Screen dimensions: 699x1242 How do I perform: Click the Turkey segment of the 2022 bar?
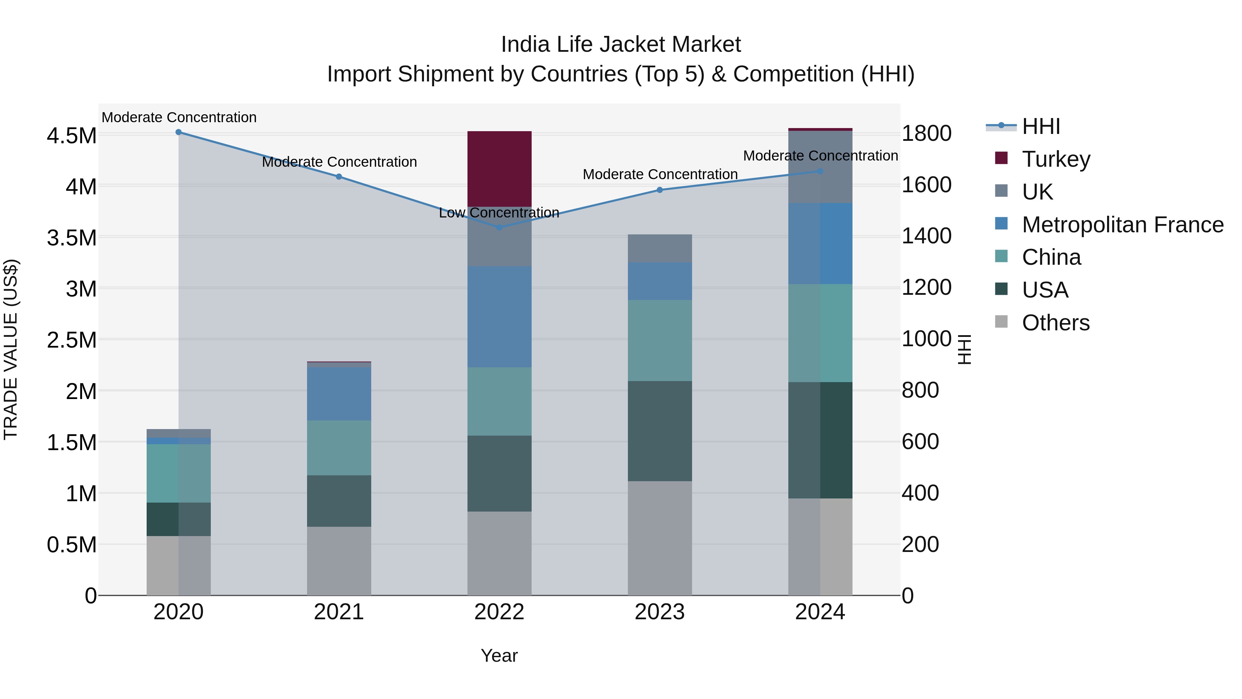pos(500,168)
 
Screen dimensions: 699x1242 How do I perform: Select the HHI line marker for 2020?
pos(178,132)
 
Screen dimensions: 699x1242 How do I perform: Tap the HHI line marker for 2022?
pos(500,227)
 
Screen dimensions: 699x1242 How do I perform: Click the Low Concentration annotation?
pos(499,213)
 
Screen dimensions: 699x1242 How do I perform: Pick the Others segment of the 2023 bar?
pos(660,538)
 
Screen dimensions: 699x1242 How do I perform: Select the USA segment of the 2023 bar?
pos(660,431)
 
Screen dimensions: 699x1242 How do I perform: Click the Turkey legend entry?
pos(1056,159)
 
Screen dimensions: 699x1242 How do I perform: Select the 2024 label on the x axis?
pos(820,612)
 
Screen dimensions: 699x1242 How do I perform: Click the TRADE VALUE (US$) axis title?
pos(11,349)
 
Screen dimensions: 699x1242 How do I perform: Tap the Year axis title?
pos(499,656)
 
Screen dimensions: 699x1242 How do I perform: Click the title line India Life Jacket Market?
pos(621,45)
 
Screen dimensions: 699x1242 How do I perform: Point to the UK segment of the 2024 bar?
pos(820,167)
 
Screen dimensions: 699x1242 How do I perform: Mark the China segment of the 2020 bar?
pos(178,473)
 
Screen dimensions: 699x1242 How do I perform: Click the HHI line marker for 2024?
pos(820,171)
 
